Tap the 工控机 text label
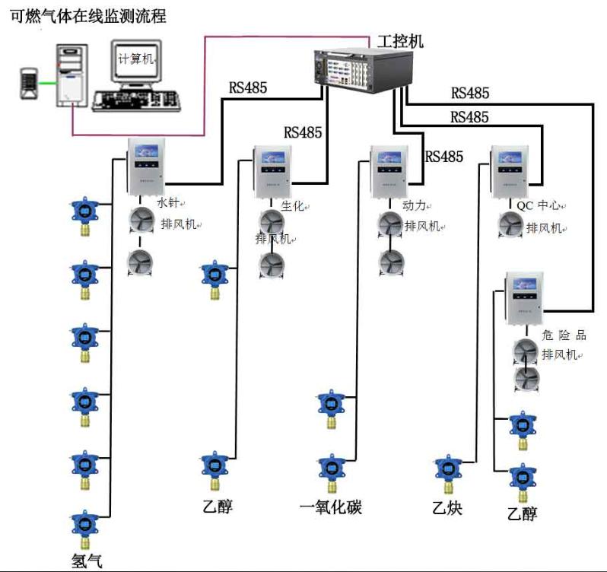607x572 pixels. tap(399, 41)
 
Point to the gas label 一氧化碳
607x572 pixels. tap(331, 507)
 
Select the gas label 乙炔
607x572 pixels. tap(447, 507)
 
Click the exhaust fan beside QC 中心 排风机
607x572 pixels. tap(513, 226)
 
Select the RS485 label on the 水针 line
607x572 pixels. tap(248, 87)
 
